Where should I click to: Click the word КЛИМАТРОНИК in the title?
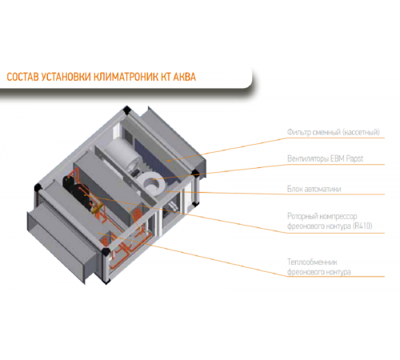pos(126,77)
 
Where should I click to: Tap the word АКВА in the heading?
pos(185,77)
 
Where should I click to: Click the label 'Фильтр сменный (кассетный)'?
pos(334,132)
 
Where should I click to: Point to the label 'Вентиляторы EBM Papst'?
pos(325,158)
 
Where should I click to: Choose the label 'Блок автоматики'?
pos(314,189)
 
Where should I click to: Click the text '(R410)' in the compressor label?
pos(362,226)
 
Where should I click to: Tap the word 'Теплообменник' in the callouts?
pos(312,262)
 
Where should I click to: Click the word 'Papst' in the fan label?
pos(354,158)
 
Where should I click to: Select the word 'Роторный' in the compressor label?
pos(302,216)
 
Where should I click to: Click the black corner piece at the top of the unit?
pos(126,110)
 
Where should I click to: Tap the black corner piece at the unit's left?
pos(38,187)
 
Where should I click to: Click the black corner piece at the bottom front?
pos(106,251)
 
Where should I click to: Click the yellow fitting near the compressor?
pos(97,209)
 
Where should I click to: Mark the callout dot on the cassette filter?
pos(169,161)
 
